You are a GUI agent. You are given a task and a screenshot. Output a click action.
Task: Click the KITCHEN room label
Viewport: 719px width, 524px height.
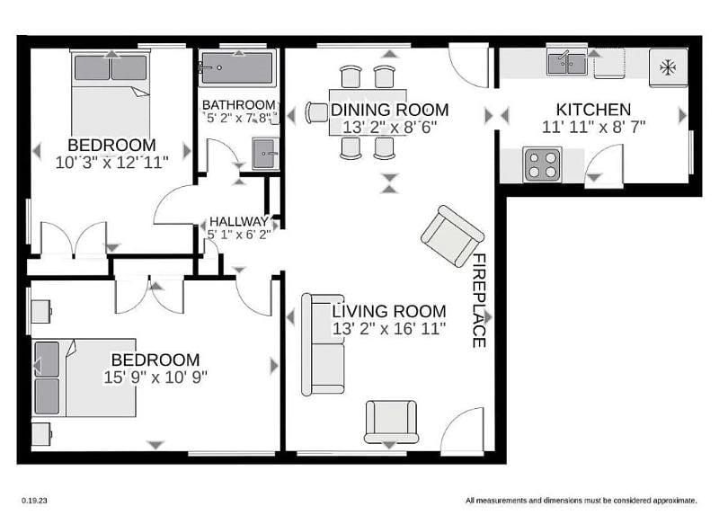[x=593, y=110]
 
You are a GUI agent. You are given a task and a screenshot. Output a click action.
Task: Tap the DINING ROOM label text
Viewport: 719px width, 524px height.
[x=390, y=110]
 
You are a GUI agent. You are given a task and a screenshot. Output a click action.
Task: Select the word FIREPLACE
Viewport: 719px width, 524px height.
[x=479, y=300]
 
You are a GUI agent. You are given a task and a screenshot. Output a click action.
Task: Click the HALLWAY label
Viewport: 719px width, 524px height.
[x=239, y=221]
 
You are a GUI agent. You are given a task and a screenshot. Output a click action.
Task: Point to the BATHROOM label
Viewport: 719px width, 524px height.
[x=239, y=105]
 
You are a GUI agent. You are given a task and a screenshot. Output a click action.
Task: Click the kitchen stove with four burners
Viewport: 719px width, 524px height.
[x=543, y=165]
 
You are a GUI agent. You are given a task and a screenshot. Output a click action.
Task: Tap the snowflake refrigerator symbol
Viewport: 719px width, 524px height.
[x=668, y=67]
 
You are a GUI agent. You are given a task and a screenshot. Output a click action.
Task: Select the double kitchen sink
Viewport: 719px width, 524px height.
[x=567, y=63]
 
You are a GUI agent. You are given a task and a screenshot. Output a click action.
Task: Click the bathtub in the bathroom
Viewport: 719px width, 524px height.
[x=237, y=67]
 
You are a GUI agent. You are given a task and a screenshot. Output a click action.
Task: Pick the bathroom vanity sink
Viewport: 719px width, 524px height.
[x=265, y=154]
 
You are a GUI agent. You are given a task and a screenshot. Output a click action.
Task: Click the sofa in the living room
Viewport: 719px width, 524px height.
[x=323, y=344]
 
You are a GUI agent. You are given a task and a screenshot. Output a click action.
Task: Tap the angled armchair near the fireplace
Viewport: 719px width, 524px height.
[x=452, y=236]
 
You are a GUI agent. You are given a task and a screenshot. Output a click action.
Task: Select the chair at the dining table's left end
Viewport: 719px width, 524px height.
[x=317, y=112]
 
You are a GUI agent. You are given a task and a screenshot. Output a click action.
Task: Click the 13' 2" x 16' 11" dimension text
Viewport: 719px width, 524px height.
[x=389, y=329]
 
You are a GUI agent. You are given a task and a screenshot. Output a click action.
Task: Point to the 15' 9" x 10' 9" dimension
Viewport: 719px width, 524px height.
[x=155, y=377]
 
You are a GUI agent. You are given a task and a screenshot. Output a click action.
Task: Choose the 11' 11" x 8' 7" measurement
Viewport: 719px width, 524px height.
[x=594, y=127]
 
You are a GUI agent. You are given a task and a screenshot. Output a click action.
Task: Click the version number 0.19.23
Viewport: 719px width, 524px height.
[x=34, y=501]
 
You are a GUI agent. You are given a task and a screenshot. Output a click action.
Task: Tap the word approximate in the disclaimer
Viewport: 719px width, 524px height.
[x=675, y=501]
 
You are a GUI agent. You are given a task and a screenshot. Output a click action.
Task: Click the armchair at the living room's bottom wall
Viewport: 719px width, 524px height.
[x=391, y=422]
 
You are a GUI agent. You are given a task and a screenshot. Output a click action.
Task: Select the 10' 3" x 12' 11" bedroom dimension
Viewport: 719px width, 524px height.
[x=111, y=163]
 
